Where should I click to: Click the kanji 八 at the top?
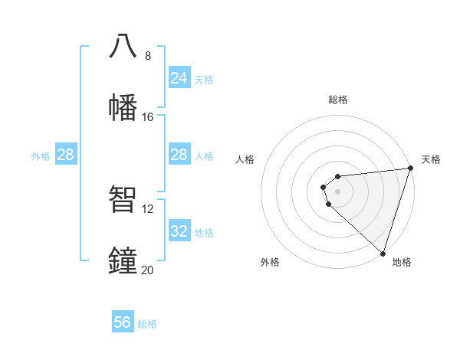[x=123, y=46]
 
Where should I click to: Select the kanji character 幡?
[x=123, y=107]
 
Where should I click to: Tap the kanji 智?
[x=123, y=199]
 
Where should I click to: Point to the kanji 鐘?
[x=123, y=260]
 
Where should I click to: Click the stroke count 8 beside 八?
[x=147, y=56]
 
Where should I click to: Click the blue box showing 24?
[x=179, y=78]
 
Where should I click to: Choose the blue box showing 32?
[x=179, y=231]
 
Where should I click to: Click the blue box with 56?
[x=123, y=322]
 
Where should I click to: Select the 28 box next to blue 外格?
[x=66, y=155]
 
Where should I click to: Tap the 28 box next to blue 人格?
[x=179, y=155]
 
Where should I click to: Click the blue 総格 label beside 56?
[x=147, y=324]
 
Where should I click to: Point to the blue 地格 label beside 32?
[x=204, y=232]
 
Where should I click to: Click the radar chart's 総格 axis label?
[x=338, y=100]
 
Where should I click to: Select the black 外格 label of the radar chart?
[x=270, y=262]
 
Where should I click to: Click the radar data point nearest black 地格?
[x=383, y=253]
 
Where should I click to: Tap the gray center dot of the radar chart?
[x=338, y=191]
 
